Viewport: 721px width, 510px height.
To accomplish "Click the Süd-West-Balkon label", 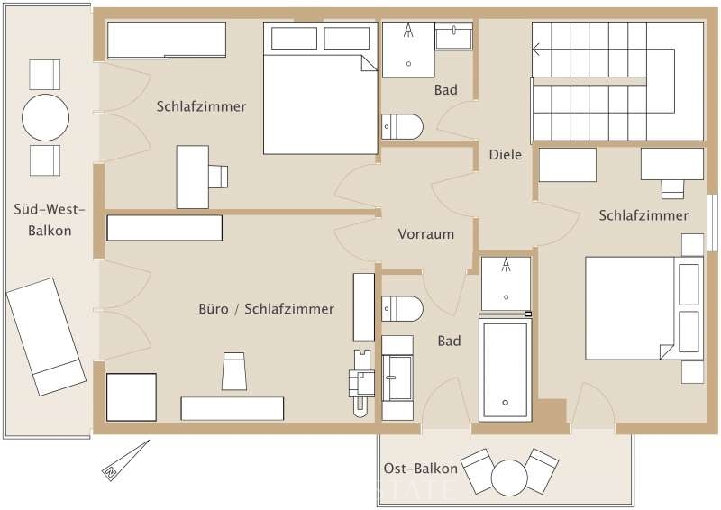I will (49, 220).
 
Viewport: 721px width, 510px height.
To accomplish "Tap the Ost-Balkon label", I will (420, 469).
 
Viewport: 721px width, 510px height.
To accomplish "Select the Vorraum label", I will (425, 234).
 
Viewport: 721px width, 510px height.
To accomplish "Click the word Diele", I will (506, 154).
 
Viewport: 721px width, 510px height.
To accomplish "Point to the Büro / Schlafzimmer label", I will (266, 309).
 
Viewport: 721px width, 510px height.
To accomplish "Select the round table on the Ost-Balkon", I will (509, 476).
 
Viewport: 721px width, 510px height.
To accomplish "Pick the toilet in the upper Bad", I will (402, 127).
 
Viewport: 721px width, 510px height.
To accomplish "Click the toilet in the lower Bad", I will (402, 308).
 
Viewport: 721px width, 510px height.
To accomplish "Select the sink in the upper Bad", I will (453, 36).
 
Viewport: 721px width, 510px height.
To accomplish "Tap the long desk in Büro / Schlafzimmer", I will (232, 408).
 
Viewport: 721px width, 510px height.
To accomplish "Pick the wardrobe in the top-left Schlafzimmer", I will (167, 41).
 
